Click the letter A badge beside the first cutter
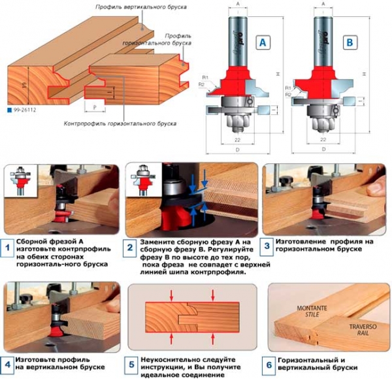coord(263,44)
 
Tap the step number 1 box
coord(8,249)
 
